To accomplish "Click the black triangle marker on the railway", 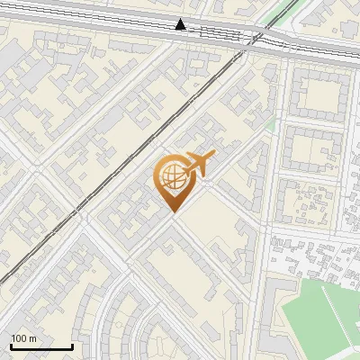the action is tap(182, 24).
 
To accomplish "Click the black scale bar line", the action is tap(41, 346).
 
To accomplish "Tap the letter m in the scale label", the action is tap(32, 338).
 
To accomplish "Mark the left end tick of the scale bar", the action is tap(11, 345).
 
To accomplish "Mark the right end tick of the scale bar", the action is tap(72, 345).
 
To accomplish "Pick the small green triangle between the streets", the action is tap(270, 125).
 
